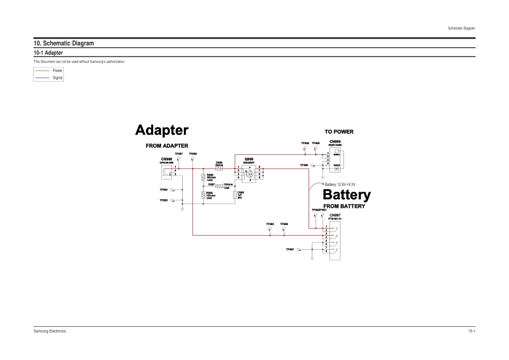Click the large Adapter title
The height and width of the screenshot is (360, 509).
161,130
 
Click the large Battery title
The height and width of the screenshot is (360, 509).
347,195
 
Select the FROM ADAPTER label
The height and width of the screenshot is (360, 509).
167,146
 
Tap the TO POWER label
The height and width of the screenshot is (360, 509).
339,131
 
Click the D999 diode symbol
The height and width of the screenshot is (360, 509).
219,168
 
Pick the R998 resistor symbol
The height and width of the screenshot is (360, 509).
204,178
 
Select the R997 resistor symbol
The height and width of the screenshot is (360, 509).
219,186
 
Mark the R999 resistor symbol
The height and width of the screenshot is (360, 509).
204,196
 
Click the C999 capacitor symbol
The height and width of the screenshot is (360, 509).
235,196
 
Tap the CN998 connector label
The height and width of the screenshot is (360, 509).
166,159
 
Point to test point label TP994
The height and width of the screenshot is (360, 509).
163,190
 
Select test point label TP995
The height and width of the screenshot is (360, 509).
303,166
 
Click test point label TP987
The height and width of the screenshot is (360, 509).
289,249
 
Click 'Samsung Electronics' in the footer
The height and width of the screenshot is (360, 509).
50,332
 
